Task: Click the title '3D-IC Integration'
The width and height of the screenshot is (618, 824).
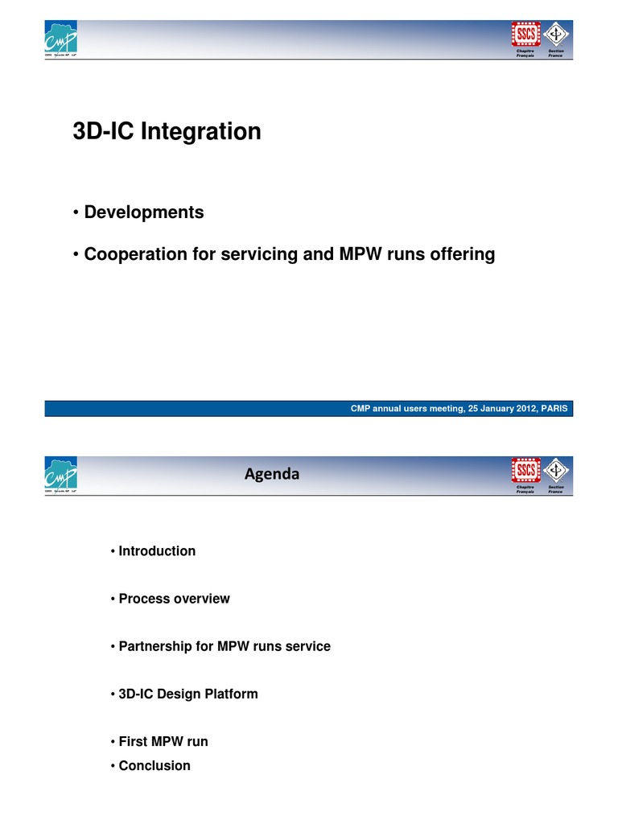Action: tap(167, 132)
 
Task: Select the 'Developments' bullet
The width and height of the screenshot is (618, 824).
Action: tap(143, 212)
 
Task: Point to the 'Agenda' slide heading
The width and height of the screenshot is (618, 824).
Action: tap(272, 474)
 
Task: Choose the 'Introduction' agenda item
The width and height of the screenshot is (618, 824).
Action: tap(156, 551)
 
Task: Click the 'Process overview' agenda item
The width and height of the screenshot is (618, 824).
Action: tap(173, 599)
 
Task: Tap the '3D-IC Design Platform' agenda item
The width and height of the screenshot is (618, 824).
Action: tap(187, 694)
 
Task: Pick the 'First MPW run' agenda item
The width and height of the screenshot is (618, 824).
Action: tap(163, 742)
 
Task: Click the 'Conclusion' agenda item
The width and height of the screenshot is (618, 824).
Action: tap(154, 766)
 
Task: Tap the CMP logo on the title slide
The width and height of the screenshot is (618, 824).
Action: tap(61, 39)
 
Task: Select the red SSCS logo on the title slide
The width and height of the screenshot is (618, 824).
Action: tap(525, 34)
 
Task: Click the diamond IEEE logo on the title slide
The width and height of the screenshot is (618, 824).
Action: tap(555, 34)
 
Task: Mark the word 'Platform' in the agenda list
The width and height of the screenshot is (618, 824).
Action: tap(232, 694)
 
